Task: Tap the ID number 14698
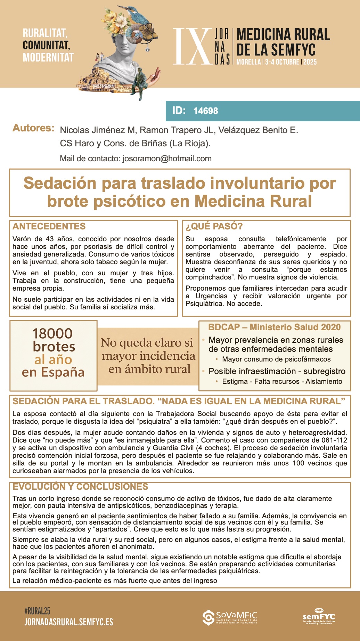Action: coord(206,111)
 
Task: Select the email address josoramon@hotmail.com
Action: coord(167,159)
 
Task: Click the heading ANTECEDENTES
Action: coord(49,226)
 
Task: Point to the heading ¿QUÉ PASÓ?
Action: coord(214,226)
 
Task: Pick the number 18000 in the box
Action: coord(52,333)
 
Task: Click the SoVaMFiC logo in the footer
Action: coord(230,617)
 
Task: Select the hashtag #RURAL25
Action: coord(37,610)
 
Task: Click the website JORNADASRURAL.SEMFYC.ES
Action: coord(69,622)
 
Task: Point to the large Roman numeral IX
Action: coord(192,47)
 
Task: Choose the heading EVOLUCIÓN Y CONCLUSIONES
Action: coord(80,487)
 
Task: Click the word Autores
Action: coord(33,128)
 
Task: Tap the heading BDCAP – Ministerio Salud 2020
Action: coord(274,327)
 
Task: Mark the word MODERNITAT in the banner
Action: coord(48,57)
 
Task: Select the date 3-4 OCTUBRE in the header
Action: coord(282,62)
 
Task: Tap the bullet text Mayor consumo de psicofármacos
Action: coord(276,359)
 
